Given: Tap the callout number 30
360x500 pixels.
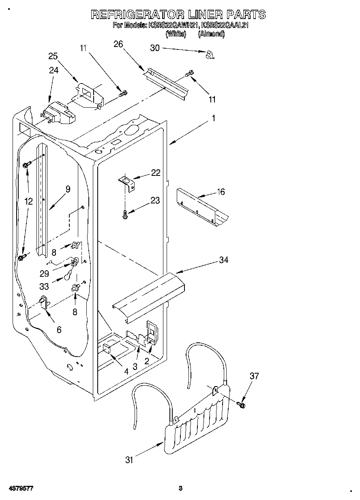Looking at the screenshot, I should coord(155,48).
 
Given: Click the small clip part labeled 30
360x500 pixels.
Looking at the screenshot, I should coord(210,55).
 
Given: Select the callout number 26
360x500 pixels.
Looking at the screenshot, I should coord(118,44).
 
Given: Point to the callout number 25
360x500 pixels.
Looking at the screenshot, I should coord(53,56).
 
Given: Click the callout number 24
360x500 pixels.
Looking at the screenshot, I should coord(54,70).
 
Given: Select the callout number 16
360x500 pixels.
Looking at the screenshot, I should coord(221,192).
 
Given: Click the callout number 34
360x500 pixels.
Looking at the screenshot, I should coord(223,260).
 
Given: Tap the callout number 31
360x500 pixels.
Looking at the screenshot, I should coord(129,460).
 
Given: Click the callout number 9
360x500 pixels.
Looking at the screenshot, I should coord(68,188).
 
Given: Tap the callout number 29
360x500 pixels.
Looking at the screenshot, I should coord(44,274).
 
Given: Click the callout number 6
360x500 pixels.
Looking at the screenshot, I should coord(59,330).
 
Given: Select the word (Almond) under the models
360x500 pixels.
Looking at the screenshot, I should coord(211,34).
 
